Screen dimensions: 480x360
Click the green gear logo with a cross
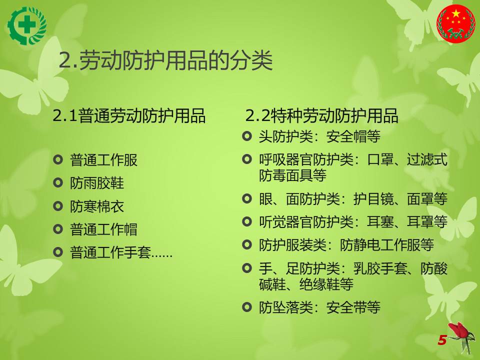[x=27, y=26]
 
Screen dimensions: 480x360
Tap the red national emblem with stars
[x=456, y=23]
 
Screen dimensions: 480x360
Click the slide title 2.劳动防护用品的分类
[x=165, y=60]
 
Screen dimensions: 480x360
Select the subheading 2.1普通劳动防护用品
[x=129, y=115]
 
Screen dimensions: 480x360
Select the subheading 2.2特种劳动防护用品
[x=321, y=115]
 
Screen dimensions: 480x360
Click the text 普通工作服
[x=104, y=160]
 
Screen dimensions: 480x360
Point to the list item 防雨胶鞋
[x=97, y=183]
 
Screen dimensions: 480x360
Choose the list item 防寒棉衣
[x=97, y=206]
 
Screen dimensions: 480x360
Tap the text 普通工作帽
[x=104, y=229]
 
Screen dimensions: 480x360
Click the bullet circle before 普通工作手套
[x=58, y=252]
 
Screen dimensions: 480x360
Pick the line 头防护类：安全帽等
[x=319, y=136]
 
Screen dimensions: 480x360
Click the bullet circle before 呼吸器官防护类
[x=246, y=159]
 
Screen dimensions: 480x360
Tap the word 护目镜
[x=373, y=199]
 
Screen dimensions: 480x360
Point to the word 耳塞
[x=380, y=221]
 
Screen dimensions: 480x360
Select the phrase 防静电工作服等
[x=387, y=244]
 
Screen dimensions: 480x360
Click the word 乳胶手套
[x=380, y=268]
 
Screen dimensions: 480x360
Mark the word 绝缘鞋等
[x=326, y=284]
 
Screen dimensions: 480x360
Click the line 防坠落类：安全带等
[x=319, y=307]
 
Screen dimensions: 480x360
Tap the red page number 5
[x=442, y=340]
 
